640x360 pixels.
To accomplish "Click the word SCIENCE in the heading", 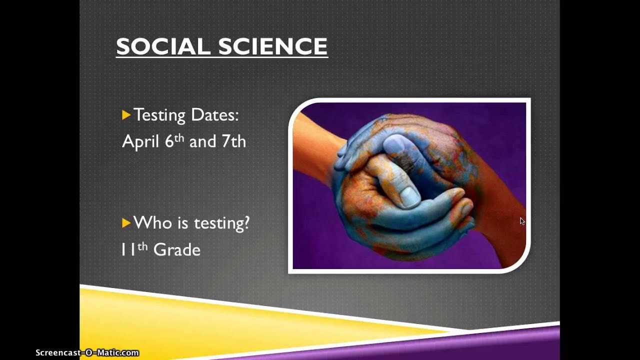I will [x=273, y=46].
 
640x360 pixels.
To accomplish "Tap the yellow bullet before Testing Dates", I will [x=126, y=115].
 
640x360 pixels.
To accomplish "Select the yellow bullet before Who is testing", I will [x=126, y=222].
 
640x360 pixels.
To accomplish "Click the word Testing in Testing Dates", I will [x=159, y=115].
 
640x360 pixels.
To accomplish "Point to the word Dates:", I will [x=214, y=115].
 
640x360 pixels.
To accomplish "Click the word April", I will [x=140, y=142].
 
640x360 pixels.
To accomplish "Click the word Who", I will [x=152, y=222].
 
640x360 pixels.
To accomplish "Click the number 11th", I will [x=134, y=249].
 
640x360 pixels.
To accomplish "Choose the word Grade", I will [x=176, y=249].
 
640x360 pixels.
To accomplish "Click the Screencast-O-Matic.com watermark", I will [x=87, y=353].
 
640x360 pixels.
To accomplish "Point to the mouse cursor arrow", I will [x=522, y=221].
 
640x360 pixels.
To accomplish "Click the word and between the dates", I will [x=202, y=142].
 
